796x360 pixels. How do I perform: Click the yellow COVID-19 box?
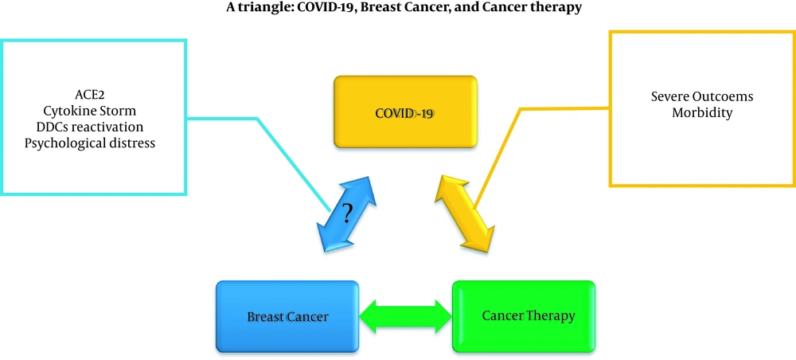coord(405,112)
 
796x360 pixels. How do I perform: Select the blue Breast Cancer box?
coord(287,316)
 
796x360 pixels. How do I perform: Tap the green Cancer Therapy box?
coord(524,316)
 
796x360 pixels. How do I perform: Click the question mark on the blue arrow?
coord(347,213)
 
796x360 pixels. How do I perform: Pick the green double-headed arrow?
coord(406,316)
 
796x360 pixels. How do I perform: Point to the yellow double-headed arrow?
coord(464,213)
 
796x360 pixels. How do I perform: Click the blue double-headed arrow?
coord(347,213)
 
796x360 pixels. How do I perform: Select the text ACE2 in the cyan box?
coord(90,94)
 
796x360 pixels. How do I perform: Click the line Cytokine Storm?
coord(90,110)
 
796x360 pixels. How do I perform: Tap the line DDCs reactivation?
coord(90,127)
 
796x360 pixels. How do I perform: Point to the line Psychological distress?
coord(90,143)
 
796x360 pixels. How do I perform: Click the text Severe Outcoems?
coord(702,96)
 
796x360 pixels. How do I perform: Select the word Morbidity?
coord(702,113)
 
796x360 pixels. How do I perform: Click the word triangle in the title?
coord(254,9)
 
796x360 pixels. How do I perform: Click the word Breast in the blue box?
coord(264,317)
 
